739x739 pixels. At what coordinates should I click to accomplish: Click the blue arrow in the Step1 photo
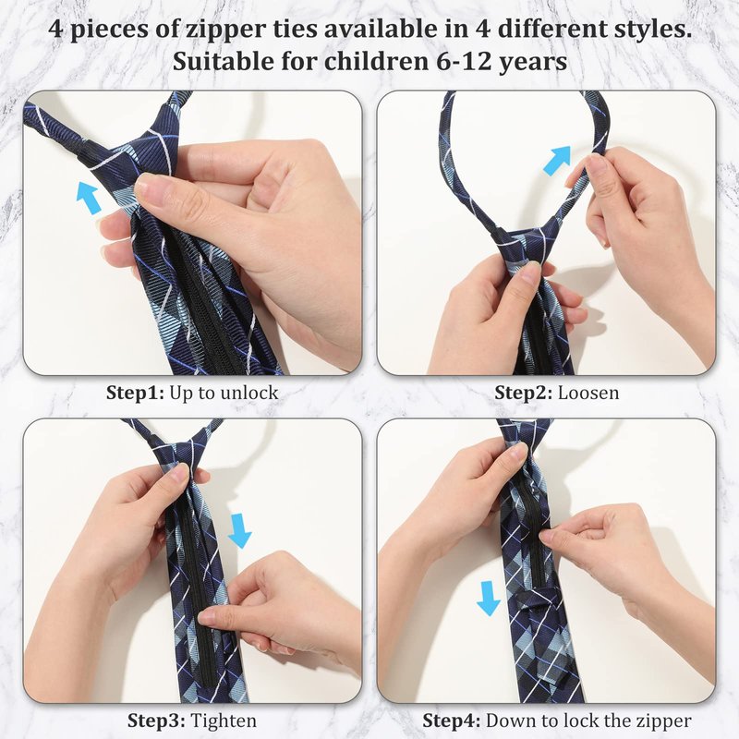89,197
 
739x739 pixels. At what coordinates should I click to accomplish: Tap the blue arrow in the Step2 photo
557,160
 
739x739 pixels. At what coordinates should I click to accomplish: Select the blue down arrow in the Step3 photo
239,530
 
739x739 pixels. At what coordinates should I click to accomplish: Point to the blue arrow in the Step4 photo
489,598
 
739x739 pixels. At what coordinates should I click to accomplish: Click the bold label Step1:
135,393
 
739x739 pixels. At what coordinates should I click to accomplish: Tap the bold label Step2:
523,393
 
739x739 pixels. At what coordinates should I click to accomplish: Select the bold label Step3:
156,721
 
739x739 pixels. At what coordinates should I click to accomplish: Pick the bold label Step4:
451,721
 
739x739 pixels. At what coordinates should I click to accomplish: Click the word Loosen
588,393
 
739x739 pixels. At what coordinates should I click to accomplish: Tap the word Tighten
224,721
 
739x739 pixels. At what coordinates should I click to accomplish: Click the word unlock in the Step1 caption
249,393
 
